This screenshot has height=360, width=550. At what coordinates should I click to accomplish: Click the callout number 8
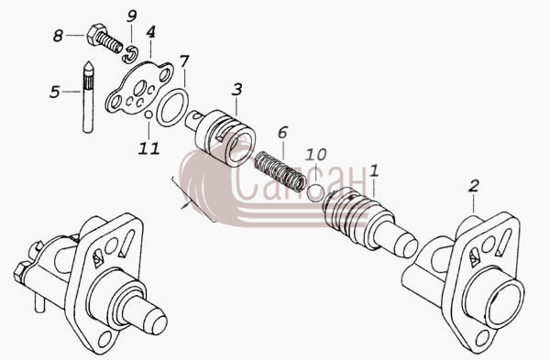pyautogui.click(x=59, y=36)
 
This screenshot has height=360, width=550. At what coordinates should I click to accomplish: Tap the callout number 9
pyautogui.click(x=131, y=16)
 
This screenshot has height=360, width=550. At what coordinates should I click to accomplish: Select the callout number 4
pyautogui.click(x=150, y=32)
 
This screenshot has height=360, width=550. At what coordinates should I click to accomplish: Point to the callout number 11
pyautogui.click(x=149, y=148)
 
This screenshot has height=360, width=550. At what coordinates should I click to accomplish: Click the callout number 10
pyautogui.click(x=315, y=154)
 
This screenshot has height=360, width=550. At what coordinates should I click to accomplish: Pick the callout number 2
pyautogui.click(x=474, y=186)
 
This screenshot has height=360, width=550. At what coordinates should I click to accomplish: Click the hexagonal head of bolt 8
pyautogui.click(x=96, y=34)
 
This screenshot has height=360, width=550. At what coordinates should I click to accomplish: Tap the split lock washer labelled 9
pyautogui.click(x=130, y=54)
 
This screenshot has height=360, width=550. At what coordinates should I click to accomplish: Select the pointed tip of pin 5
pyautogui.click(x=88, y=64)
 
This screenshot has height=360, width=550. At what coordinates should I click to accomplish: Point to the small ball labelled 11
pyautogui.click(x=148, y=115)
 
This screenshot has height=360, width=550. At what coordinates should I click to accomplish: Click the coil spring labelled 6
pyautogui.click(x=280, y=171)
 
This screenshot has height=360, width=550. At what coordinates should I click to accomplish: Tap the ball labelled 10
pyautogui.click(x=315, y=193)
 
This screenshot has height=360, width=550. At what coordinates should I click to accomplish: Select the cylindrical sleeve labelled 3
pyautogui.click(x=225, y=138)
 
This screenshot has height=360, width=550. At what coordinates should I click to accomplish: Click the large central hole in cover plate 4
pyautogui.click(x=140, y=87)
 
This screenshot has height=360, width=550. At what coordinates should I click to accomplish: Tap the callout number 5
pyautogui.click(x=55, y=92)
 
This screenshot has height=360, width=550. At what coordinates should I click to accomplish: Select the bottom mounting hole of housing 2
pyautogui.click(x=483, y=339)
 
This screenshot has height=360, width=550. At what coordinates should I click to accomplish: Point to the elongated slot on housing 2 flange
pyautogui.click(x=503, y=242)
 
